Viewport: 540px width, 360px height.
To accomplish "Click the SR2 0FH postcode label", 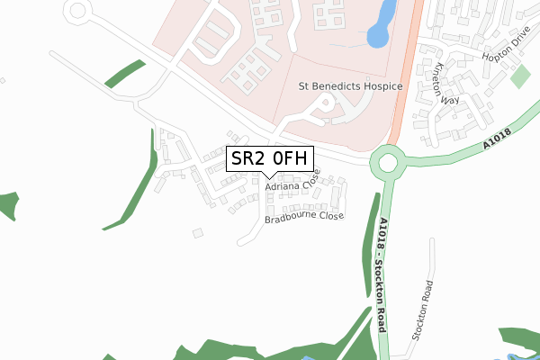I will point(270,160).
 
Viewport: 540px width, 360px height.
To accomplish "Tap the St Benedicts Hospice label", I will point(349,86).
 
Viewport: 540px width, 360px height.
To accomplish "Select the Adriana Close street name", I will point(292,186).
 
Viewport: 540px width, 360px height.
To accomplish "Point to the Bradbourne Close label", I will point(304,217).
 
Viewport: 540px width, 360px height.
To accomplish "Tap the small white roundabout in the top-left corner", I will point(78,11).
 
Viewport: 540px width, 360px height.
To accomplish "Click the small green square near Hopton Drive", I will point(520,76).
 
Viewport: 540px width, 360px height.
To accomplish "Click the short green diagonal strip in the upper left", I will point(125,73).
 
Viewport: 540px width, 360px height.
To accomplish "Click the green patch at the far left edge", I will point(7,205).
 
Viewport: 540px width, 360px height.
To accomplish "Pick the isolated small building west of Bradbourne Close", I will point(198,233).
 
